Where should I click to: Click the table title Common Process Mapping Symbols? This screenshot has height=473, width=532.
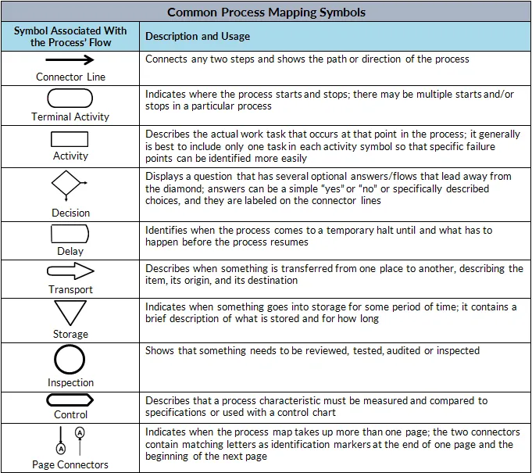pos(266,13)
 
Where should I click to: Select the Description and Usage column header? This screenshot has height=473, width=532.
pos(198,36)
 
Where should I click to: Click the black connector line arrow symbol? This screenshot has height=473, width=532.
pos(70,59)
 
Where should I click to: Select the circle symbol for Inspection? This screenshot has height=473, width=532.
pos(70,346)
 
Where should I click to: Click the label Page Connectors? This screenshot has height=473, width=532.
pos(70,464)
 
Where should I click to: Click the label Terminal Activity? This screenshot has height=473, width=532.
pos(70,116)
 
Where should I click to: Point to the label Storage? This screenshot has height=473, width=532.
pos(70,334)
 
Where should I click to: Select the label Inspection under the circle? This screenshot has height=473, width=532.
pos(70,382)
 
